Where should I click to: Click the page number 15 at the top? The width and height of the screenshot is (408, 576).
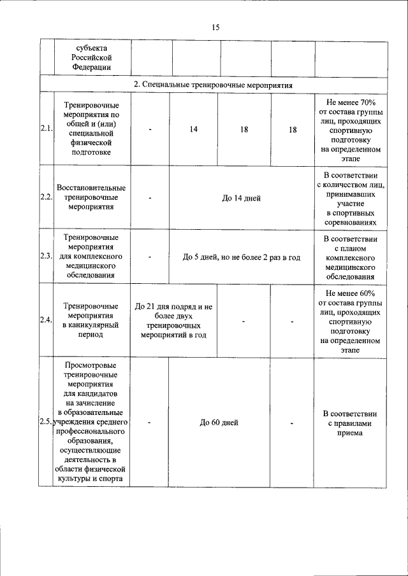click(215, 27)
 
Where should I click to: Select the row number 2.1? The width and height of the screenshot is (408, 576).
click(46, 129)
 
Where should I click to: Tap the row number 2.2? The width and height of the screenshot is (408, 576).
click(46, 197)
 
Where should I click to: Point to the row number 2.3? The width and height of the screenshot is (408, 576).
click(46, 256)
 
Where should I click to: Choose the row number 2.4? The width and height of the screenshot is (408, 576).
click(46, 320)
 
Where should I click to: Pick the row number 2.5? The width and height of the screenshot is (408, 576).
click(46, 422)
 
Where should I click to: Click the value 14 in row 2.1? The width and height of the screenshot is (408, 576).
click(193, 129)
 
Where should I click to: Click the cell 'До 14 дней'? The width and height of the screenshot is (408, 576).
click(241, 198)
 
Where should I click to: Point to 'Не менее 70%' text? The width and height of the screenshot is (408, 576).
click(351, 102)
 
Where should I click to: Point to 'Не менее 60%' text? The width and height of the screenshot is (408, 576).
click(351, 293)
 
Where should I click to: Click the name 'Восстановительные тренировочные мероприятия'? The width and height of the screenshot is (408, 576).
click(91, 197)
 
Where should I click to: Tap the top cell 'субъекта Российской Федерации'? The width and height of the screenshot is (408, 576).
click(91, 57)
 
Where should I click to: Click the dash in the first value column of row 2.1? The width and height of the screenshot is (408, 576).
click(150, 129)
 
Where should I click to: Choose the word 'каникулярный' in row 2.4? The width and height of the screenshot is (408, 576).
click(91, 325)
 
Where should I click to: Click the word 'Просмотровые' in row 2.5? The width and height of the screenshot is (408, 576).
click(91, 365)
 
